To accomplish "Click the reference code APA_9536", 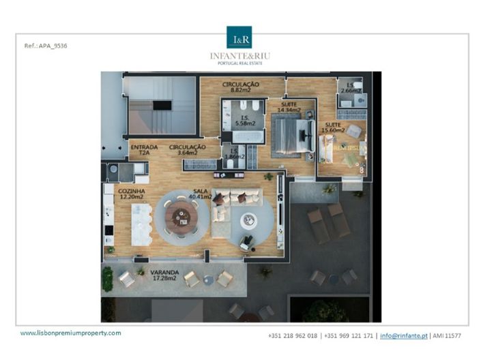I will [x=46, y=46].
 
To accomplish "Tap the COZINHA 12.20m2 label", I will [x=132, y=194].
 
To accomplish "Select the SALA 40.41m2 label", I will [x=200, y=194].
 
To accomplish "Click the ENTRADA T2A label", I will [x=144, y=150].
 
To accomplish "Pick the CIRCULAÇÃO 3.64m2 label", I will [x=187, y=150].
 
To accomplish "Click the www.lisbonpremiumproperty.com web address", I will [x=71, y=333].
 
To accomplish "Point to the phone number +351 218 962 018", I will [x=294, y=335].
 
